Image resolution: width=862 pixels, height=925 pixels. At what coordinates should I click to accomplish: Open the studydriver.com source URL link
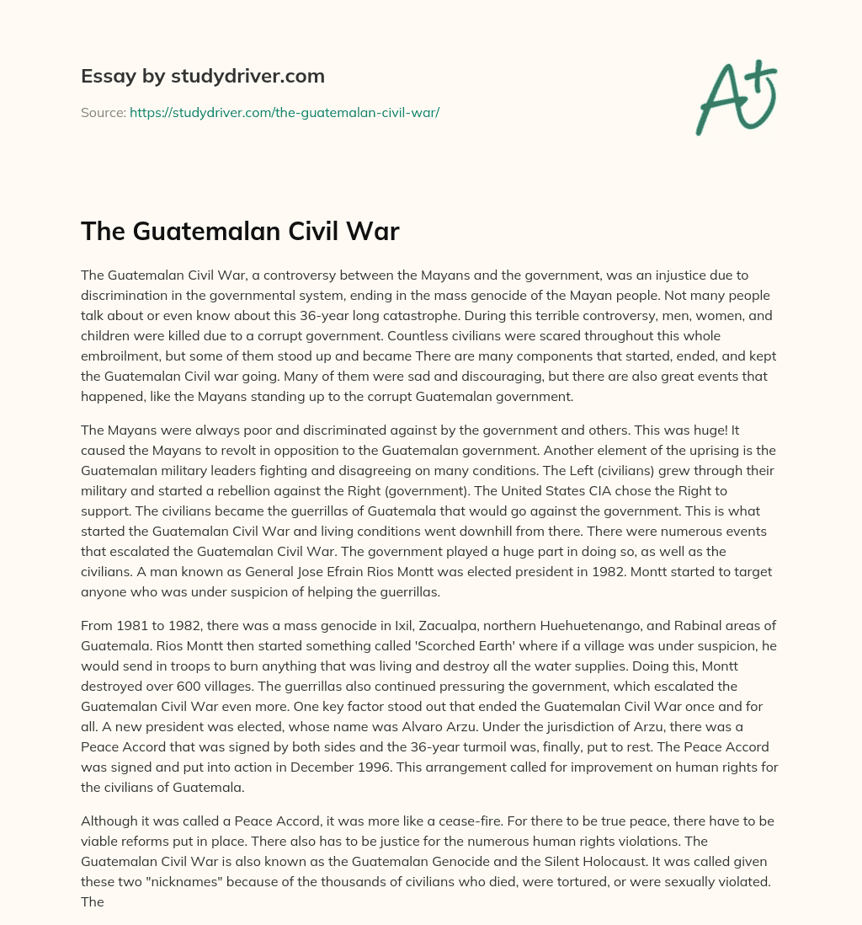(x=285, y=112)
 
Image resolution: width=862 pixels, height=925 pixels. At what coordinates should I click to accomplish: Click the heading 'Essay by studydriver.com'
(x=202, y=76)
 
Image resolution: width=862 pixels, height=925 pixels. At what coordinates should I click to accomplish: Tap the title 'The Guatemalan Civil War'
(x=240, y=231)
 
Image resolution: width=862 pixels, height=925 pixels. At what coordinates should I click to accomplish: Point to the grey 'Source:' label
(x=103, y=112)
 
